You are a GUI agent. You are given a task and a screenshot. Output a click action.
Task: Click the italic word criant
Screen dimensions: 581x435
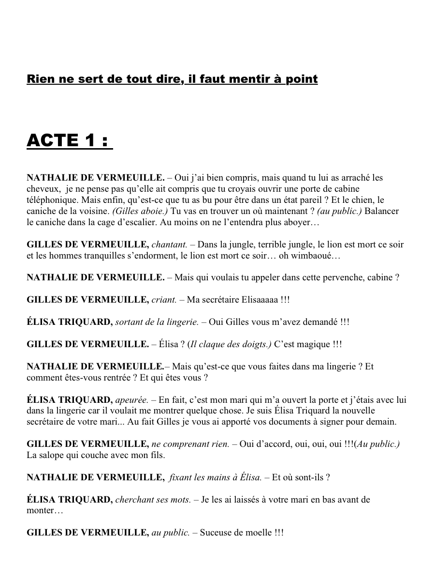pyautogui.click(x=163, y=300)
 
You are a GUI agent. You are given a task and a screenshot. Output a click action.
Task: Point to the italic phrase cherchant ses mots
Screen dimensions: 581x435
pyautogui.click(x=153, y=500)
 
